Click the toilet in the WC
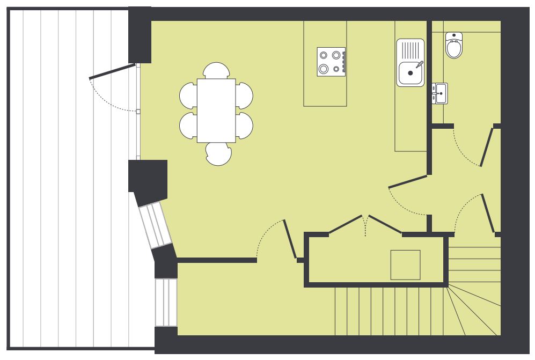click(454, 46)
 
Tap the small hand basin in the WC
click(440, 93)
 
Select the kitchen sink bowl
click(409, 73)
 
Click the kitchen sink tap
click(420, 65)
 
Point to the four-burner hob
click(331, 62)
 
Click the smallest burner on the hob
click(336, 69)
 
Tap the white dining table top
click(216, 110)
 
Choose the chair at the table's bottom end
click(219, 153)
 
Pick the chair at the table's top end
click(216, 70)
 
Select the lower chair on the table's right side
click(244, 125)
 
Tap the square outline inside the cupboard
click(405, 265)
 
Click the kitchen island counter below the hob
click(325, 91)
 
